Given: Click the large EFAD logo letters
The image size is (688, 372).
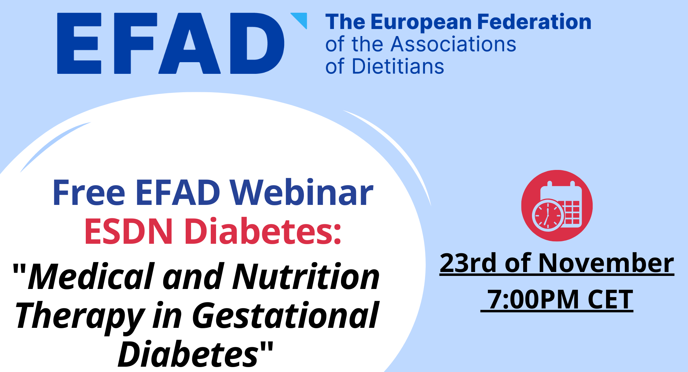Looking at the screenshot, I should point(170,43).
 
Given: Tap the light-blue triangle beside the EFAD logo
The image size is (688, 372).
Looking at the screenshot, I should point(300,20).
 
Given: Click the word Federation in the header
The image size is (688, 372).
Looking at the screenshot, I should point(534,22).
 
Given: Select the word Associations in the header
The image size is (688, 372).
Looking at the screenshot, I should point(454,45).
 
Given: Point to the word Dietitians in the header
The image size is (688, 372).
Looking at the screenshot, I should point(398,66).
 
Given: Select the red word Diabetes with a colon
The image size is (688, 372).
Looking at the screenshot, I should point(263,231).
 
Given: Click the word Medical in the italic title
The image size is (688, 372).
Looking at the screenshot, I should point(91,277).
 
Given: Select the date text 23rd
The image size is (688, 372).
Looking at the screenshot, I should point(468,263).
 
